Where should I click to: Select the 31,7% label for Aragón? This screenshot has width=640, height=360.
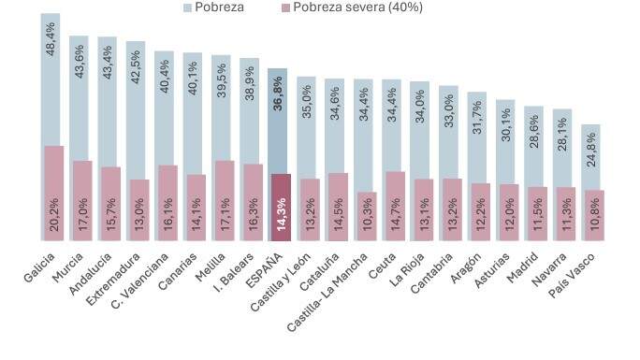pyautogui.click(x=477, y=117)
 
